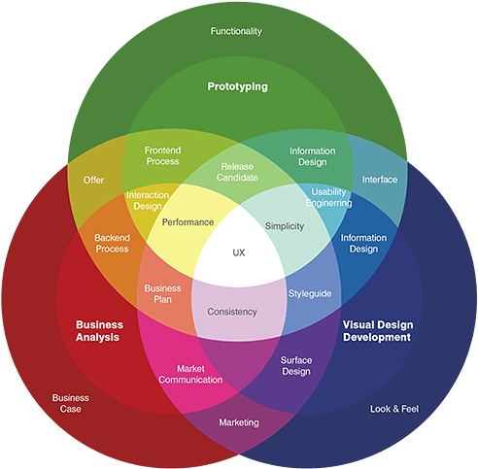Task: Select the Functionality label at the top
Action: coord(236,31)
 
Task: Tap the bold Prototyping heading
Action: coord(237,86)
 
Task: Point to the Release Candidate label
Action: coord(238,173)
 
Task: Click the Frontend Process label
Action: coord(162,155)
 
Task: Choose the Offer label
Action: coord(93,181)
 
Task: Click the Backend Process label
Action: coord(112,243)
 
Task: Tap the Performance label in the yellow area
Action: coord(188,222)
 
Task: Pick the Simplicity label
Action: coord(285,225)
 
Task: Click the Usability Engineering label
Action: coord(328,197)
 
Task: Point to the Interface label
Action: coord(380,180)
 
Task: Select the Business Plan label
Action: coord(162,294)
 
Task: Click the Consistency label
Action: coord(232,312)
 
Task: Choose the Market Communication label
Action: coord(192,374)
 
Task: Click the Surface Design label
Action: coord(296,365)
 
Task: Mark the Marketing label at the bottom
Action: coord(239,422)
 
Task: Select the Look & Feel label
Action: coord(393,409)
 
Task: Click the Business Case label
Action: coord(70,403)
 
